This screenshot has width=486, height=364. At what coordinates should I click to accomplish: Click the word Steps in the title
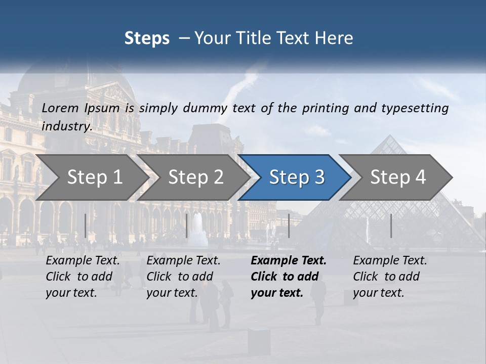[147, 38]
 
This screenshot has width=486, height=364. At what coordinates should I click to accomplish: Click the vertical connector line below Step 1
[85, 225]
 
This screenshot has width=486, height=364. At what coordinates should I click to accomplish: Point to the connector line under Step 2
[187, 225]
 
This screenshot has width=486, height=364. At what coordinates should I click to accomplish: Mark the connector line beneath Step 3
[289, 225]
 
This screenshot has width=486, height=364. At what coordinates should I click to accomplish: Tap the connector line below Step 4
[391, 225]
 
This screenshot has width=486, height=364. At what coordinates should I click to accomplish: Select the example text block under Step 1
[83, 277]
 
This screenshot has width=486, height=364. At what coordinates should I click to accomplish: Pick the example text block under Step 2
[183, 277]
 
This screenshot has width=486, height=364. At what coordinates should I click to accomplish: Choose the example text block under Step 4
[390, 277]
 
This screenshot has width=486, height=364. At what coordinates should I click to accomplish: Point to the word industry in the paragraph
[66, 126]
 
